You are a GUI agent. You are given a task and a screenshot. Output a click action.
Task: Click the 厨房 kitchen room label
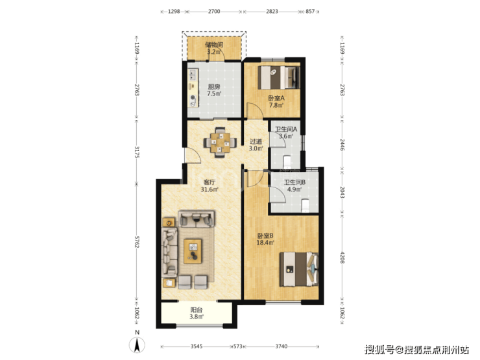[x=214, y=88]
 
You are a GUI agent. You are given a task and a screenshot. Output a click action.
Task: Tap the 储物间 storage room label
[x=214, y=45]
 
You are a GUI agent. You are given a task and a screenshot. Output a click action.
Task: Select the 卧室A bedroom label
[x=276, y=98]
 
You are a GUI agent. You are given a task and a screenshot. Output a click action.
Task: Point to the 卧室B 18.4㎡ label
[x=265, y=239]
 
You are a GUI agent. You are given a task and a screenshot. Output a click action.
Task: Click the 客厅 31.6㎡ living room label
[x=210, y=186]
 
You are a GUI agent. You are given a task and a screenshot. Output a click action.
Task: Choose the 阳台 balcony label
[x=197, y=310]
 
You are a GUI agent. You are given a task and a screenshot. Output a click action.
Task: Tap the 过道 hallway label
[x=256, y=141]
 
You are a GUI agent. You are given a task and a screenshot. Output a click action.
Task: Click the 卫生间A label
[x=286, y=129]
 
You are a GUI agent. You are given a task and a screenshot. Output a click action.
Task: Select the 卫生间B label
[x=294, y=182]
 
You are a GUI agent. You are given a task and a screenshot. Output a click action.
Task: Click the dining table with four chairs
[x=220, y=142]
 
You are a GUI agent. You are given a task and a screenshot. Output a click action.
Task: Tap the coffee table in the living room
[x=193, y=251]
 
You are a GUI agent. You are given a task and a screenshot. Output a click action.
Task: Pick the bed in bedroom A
[x=279, y=78]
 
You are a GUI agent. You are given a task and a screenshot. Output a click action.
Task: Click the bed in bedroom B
[x=299, y=269]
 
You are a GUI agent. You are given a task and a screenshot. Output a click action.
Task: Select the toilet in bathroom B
[x=306, y=206]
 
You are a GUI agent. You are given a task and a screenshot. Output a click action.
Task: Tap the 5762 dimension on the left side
[x=136, y=242]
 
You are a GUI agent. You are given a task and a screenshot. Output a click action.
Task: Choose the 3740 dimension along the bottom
[x=282, y=346]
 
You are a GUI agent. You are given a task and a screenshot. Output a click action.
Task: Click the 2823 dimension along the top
[x=272, y=11]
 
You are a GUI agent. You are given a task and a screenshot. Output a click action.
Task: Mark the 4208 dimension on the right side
[x=342, y=258]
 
